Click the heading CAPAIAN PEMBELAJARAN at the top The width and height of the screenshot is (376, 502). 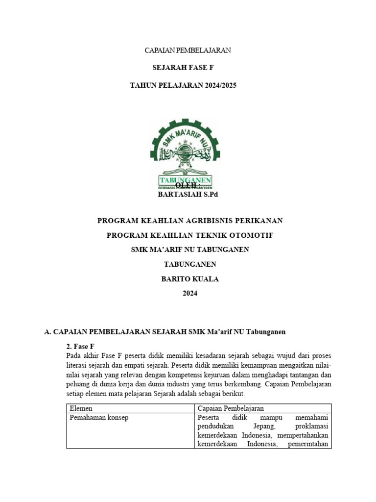pyautogui.click(x=188, y=50)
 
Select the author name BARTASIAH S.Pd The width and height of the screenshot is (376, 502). pyautogui.click(x=188, y=195)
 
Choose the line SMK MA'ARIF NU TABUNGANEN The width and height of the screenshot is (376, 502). pyautogui.click(x=190, y=250)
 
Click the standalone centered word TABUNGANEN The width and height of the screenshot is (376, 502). pyautogui.click(x=190, y=264)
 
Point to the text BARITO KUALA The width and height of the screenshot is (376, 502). pyautogui.click(x=190, y=279)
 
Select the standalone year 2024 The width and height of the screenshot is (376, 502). pyautogui.click(x=190, y=293)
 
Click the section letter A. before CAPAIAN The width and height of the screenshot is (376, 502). pyautogui.click(x=47, y=332)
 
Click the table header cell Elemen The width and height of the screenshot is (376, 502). pyautogui.click(x=81, y=408)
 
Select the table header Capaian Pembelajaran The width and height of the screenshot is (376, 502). pyautogui.click(x=231, y=408)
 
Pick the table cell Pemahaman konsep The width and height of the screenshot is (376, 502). pyautogui.click(x=99, y=418)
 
